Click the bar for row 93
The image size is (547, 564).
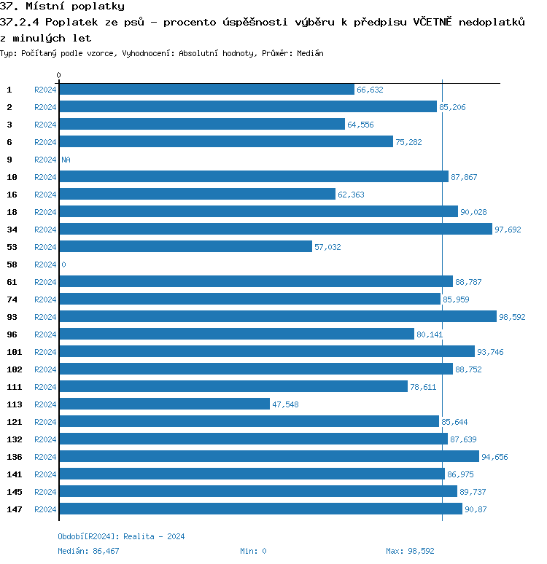coord(277,317)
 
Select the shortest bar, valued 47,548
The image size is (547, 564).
coord(164,404)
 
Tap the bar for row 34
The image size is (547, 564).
coord(276,230)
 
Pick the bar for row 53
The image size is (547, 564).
coord(185,247)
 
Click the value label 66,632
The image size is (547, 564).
coord(370,90)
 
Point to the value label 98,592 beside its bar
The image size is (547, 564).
coord(512,317)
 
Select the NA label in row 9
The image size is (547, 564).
coord(66,160)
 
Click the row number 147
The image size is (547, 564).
coord(14,509)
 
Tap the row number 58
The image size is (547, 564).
coord(12,265)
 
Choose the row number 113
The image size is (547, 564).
coord(14,404)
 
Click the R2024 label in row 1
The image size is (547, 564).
coord(45,90)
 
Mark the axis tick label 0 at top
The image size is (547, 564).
coord(59,75)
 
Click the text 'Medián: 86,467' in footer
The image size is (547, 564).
coord(88,551)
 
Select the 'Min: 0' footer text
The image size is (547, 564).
coord(253,551)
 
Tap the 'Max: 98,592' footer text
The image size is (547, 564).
coord(410,551)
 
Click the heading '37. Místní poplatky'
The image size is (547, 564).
coord(62,7)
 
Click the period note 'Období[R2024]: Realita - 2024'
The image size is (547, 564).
coord(121,536)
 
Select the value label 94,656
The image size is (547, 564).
coord(494,457)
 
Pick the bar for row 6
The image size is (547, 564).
coord(226,142)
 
